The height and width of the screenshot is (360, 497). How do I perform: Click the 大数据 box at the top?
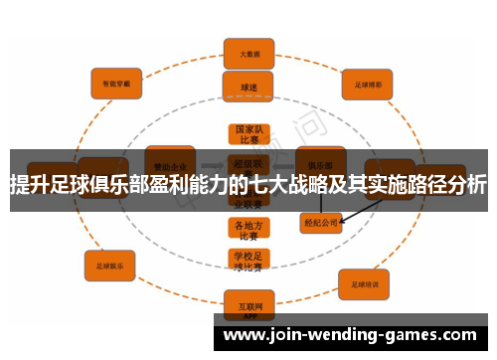(249, 53)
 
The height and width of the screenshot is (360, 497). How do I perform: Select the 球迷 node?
(249, 86)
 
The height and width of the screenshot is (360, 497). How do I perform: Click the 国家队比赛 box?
(248, 134)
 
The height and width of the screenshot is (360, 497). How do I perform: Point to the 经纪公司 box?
(322, 224)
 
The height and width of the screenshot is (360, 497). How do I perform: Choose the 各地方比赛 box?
(248, 230)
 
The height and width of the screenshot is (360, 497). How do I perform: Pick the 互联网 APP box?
(248, 302)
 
